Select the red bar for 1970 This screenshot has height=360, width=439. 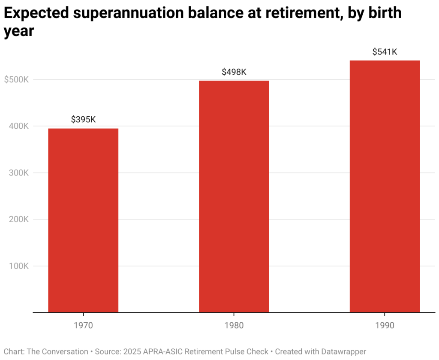(83, 220)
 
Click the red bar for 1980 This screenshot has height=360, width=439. (234, 196)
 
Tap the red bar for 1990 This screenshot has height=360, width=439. (385, 186)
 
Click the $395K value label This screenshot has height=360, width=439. (83, 119)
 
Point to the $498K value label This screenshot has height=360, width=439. (234, 72)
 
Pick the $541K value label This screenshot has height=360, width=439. (385, 52)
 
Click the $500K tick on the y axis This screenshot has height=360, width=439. (16, 79)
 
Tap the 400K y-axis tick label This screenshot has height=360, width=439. (18, 126)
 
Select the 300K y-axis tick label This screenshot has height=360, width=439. (18, 173)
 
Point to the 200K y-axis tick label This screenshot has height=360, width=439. (18, 219)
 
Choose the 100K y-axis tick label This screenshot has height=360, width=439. (18, 266)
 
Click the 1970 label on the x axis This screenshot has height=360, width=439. (83, 325)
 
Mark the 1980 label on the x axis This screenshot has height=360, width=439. (234, 325)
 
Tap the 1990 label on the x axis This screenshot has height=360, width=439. (385, 325)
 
